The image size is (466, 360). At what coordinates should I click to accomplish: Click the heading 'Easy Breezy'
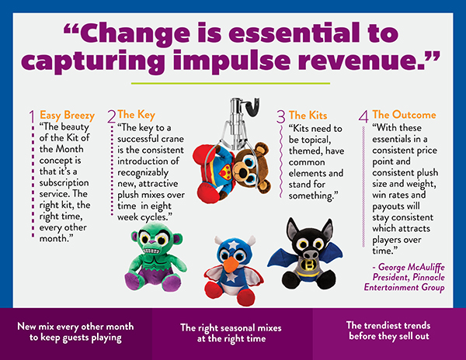[67, 115]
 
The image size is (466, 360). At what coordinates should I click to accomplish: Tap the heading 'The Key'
[136, 115]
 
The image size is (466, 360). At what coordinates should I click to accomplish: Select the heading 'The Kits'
[308, 115]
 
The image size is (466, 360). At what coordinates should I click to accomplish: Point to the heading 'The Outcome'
[404, 115]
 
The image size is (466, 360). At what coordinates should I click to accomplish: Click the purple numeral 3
[281, 116]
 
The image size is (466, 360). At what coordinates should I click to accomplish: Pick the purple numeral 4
[363, 116]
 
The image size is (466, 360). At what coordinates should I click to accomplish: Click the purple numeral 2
[111, 116]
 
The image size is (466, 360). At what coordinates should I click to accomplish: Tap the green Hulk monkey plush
[155, 257]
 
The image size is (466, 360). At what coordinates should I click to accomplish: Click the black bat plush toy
[305, 254]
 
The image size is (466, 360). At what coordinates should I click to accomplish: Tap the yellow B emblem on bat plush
[309, 265]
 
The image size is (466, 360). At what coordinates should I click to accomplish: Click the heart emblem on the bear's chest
[224, 171]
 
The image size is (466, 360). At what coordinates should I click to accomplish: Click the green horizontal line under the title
[231, 83]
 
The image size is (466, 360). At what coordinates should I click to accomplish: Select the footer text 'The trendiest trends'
[388, 325]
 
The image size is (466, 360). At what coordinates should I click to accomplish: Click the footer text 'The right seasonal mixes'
[231, 327]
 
